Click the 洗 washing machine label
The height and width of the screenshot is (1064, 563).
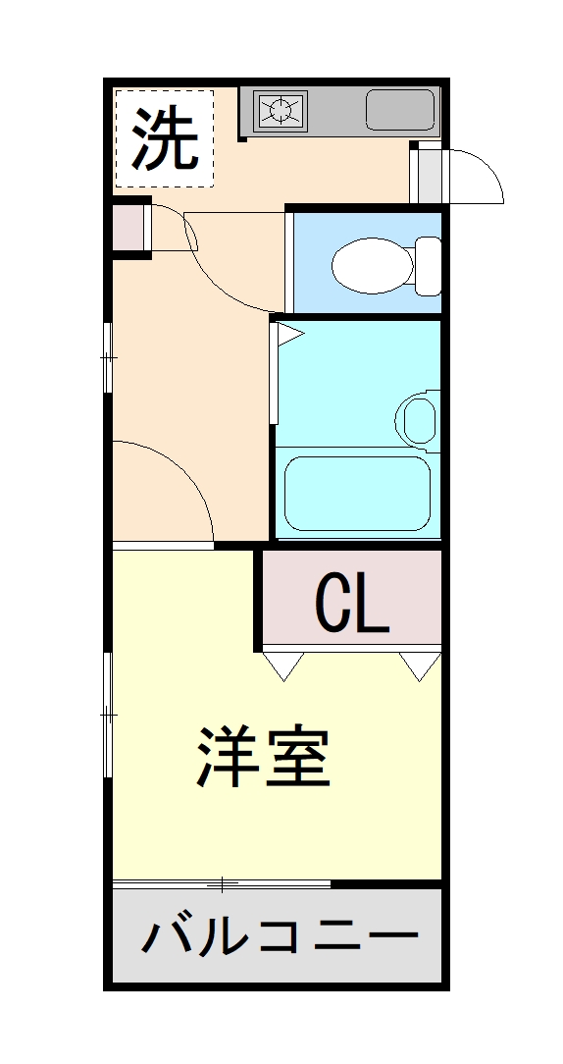coord(165,137)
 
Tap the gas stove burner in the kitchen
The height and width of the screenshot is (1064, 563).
coord(281,110)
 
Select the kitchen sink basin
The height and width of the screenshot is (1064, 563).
coord(400,110)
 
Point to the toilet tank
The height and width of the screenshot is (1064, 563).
coord(429,265)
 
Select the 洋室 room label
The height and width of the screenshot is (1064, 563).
coord(263,758)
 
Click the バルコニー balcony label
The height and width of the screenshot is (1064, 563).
coord(279,936)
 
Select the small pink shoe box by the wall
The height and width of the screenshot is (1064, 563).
coord(128,229)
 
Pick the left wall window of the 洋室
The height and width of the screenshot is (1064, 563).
coord(109,717)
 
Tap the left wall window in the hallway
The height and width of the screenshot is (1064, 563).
coord(109,357)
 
